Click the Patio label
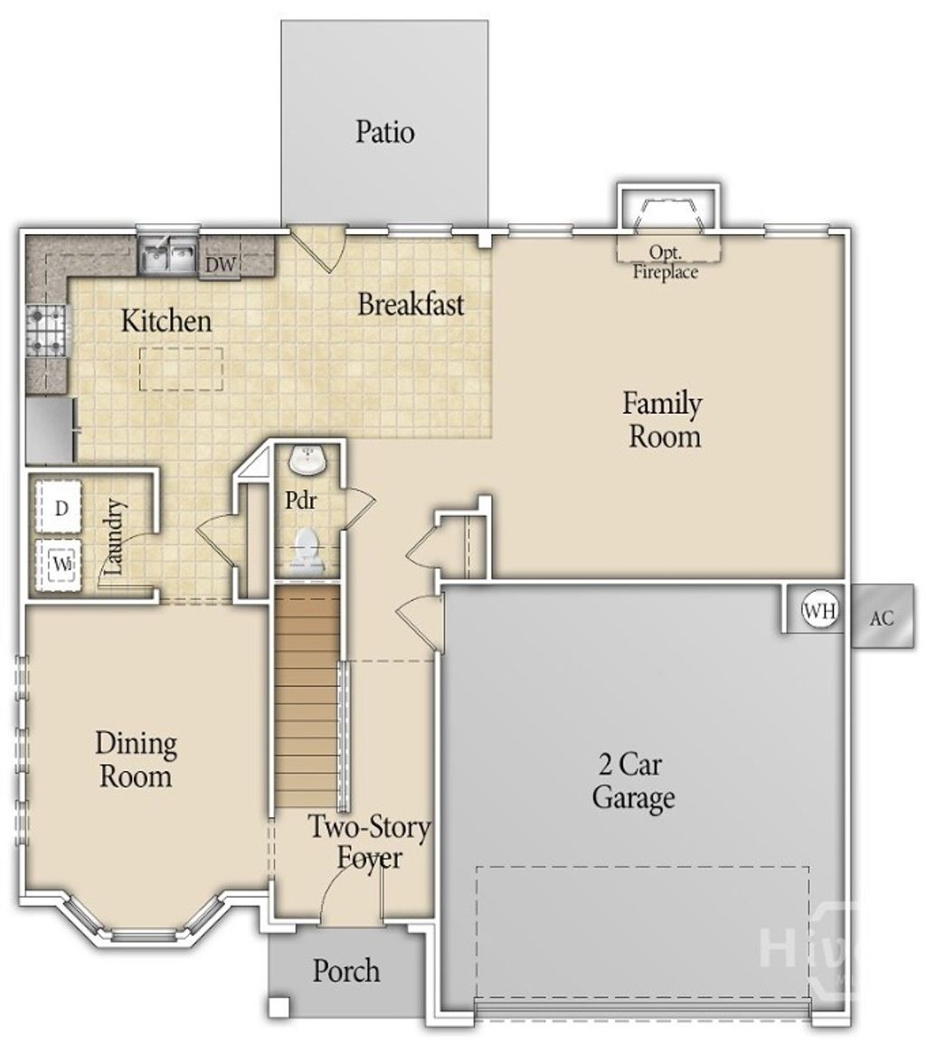click(384, 132)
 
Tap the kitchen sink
click(167, 257)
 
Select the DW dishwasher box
click(220, 264)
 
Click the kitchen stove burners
click(45, 332)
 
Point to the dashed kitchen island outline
click(182, 369)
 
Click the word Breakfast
click(411, 304)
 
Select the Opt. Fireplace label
click(665, 261)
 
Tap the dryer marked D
click(61, 508)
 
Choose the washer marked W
click(61, 564)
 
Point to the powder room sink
click(307, 461)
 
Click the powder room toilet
click(307, 550)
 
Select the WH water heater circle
click(819, 611)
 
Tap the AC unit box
click(881, 618)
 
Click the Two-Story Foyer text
click(369, 842)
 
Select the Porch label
click(346, 972)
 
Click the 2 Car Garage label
click(633, 782)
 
